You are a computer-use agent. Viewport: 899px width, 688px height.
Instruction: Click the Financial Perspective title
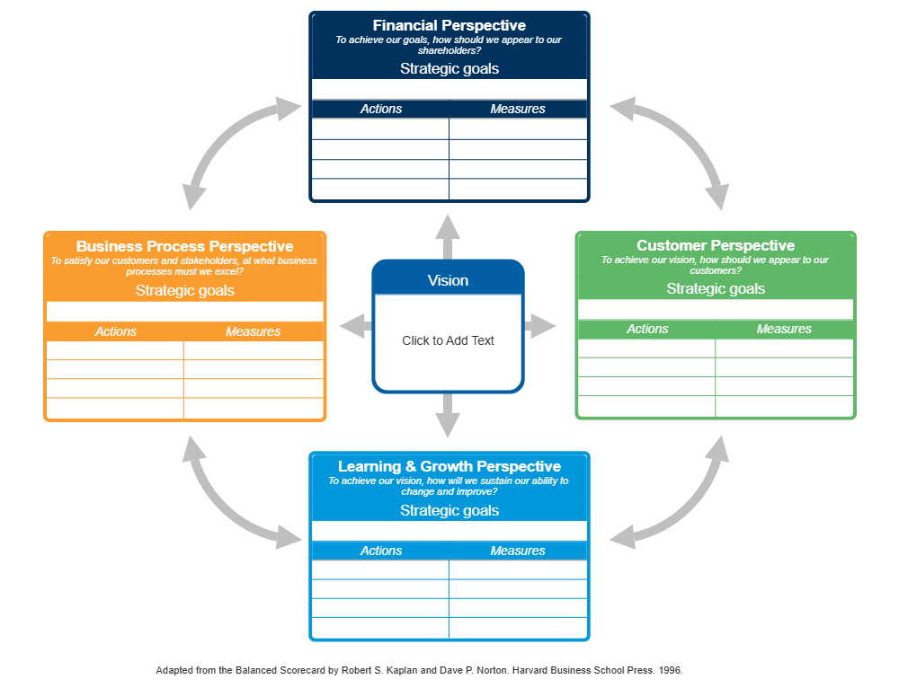(449, 25)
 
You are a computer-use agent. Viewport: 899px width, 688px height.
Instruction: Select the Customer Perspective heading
(716, 245)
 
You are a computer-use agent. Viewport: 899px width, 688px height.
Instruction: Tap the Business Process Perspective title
(184, 246)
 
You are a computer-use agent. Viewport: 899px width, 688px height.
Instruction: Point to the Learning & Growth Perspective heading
(449, 466)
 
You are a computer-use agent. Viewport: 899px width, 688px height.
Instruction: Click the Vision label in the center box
(448, 280)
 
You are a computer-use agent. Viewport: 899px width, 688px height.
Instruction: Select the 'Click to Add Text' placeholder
(448, 340)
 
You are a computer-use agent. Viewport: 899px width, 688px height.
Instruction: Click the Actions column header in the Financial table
(381, 109)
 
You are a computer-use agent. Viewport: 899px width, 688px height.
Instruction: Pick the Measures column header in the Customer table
(784, 329)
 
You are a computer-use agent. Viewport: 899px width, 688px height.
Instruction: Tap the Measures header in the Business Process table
(253, 331)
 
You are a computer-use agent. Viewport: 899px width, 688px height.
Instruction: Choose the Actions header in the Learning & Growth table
(381, 551)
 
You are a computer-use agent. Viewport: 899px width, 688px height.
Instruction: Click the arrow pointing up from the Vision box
(448, 235)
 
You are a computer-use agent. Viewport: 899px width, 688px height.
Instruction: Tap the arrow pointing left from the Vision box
(354, 326)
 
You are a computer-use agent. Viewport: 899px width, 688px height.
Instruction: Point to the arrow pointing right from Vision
(540, 326)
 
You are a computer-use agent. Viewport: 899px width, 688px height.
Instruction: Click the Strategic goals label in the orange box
(184, 290)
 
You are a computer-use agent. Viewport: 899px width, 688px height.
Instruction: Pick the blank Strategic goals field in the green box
(716, 309)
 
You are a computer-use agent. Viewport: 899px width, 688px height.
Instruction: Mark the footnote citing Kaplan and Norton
(419, 670)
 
